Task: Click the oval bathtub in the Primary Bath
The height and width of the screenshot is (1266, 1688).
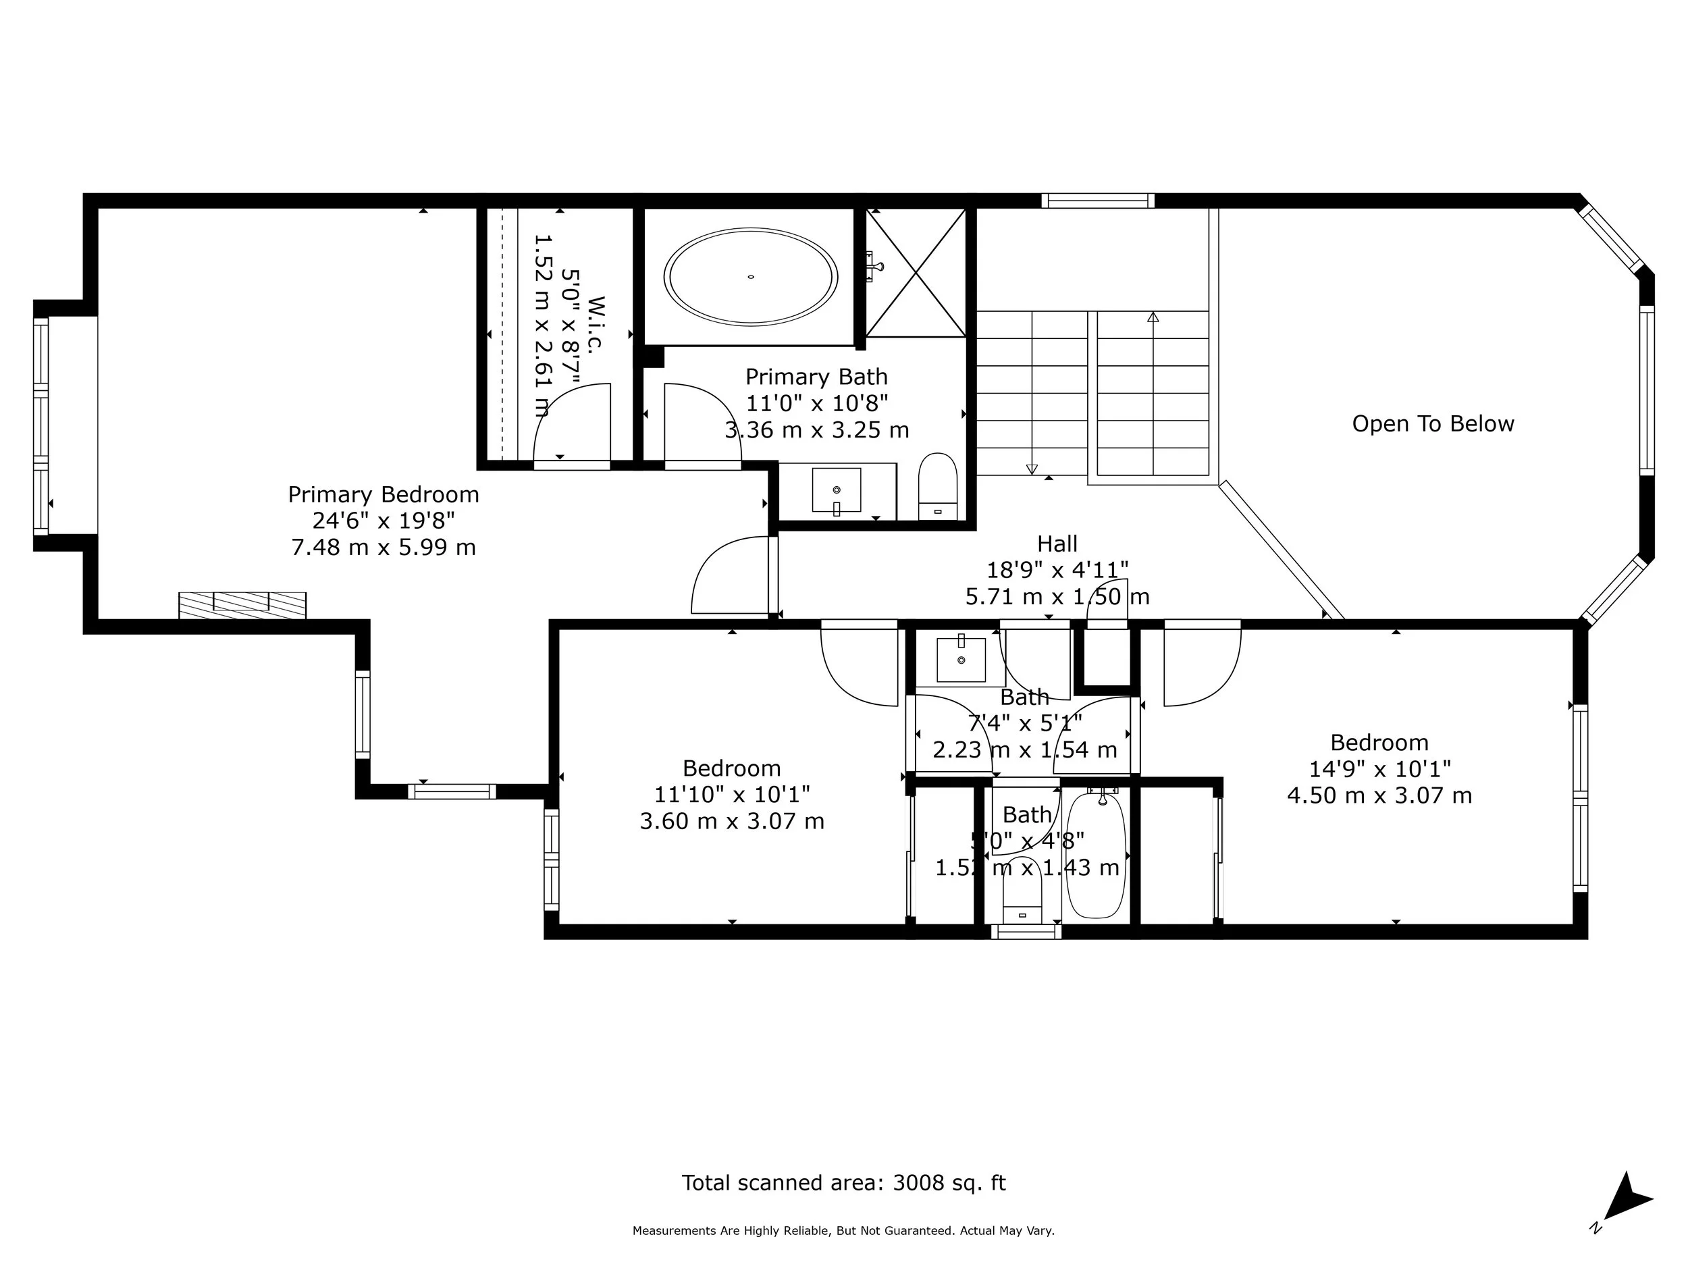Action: (x=751, y=276)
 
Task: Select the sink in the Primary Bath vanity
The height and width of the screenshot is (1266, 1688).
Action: (x=837, y=490)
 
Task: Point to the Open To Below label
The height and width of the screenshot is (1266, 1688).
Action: (x=1432, y=424)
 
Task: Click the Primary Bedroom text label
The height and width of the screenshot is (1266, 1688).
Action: (x=383, y=494)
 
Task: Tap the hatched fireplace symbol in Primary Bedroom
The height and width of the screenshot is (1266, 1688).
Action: (x=242, y=605)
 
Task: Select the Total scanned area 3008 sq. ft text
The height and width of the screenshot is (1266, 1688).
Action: (x=843, y=1183)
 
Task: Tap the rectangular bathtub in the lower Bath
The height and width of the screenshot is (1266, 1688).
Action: (x=1096, y=856)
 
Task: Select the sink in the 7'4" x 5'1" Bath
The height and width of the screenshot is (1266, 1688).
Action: (x=961, y=659)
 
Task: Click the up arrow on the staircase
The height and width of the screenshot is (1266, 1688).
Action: (x=1153, y=317)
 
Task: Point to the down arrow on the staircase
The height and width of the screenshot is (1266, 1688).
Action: (x=1032, y=469)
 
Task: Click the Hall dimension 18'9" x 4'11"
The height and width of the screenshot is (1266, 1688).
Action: (x=1057, y=570)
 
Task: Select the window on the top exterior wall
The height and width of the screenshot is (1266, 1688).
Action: (x=1097, y=201)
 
